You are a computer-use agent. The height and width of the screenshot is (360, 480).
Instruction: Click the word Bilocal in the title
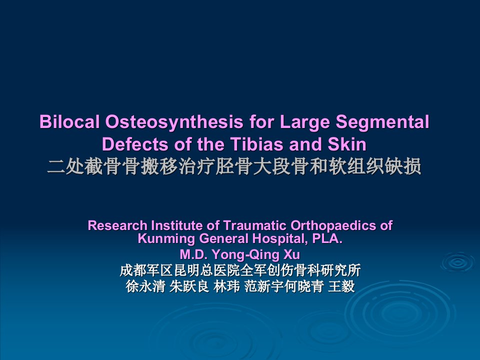[x=69, y=121]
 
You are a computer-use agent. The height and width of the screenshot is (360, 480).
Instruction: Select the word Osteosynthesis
[x=174, y=122]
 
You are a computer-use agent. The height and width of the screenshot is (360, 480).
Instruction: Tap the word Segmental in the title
[x=382, y=122]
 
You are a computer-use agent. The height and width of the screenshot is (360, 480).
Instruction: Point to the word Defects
[x=135, y=144]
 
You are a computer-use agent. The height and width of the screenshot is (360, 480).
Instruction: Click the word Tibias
[x=256, y=144]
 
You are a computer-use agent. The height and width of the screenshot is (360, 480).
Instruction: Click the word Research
[x=117, y=225]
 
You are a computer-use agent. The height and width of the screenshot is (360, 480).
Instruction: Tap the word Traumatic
[x=255, y=225]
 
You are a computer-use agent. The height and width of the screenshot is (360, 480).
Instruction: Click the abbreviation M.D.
[x=194, y=254]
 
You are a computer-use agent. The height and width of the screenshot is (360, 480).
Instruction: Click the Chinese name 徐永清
[x=145, y=286]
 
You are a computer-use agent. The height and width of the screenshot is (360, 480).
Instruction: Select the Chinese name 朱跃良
[x=189, y=286]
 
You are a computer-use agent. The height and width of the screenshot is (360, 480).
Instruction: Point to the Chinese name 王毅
[x=341, y=286]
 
